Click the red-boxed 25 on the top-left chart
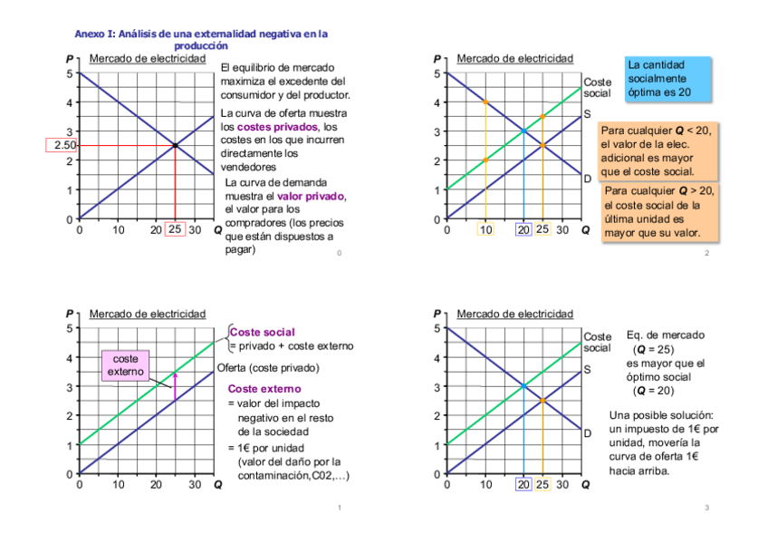point(175,229)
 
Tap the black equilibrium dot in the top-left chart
point(175,145)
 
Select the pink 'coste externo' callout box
point(125,365)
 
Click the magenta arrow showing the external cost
point(175,386)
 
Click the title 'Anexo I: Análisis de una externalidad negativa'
point(200,39)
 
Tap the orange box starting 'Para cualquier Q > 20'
point(658,212)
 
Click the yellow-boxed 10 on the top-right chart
point(486,229)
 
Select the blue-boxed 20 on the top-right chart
point(523,229)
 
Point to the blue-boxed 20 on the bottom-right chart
point(523,484)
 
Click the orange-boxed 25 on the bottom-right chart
point(542,484)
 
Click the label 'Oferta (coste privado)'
point(268,368)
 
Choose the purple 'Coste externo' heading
point(264,389)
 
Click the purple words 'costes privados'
point(277,127)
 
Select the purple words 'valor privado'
point(311,196)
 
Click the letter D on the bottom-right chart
point(587,433)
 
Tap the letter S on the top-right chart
point(587,114)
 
